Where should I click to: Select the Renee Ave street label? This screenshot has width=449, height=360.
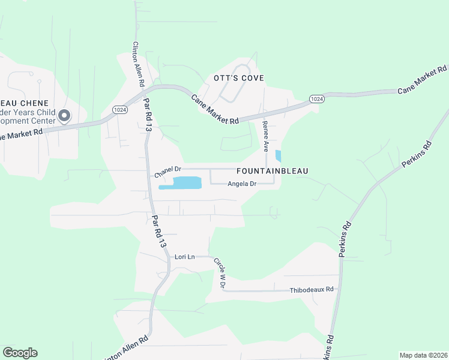tap(265, 135)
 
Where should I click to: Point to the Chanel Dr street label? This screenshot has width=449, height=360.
tap(167, 172)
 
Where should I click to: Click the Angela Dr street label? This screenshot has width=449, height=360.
tap(242, 184)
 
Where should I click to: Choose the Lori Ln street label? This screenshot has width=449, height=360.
tap(185, 257)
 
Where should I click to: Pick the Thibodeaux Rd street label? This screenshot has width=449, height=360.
tap(312, 289)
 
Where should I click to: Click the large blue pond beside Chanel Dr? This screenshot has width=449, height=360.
tap(179, 183)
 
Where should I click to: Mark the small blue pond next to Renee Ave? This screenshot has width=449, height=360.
tap(278, 156)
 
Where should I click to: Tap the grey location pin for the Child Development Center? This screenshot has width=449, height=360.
tap(64, 115)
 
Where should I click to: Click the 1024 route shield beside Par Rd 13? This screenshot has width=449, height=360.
tap(119, 109)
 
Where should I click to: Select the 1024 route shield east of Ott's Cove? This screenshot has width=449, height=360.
tap(317, 98)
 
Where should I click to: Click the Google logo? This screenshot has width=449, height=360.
tap(20, 353)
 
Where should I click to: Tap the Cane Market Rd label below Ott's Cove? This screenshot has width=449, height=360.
tap(215, 109)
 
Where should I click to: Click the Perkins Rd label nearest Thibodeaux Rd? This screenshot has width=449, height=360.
tap(344, 240)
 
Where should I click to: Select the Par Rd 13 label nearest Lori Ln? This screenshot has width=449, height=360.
tap(158, 232)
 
